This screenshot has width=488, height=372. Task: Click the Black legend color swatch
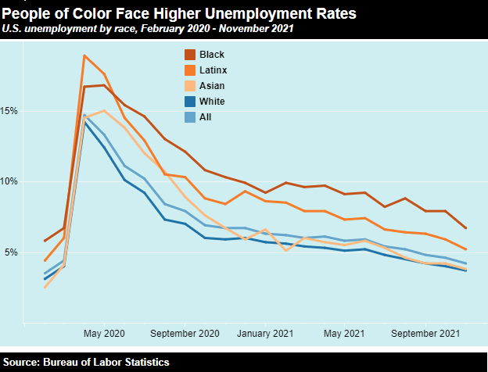click(190, 55)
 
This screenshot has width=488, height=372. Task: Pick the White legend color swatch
click(190, 102)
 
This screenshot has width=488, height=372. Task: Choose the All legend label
click(206, 117)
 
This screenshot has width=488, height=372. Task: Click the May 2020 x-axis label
click(103, 333)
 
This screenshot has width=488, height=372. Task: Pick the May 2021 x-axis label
click(345, 333)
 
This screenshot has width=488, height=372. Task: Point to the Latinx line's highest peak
click(84, 55)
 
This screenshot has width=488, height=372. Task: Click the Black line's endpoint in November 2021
click(466, 228)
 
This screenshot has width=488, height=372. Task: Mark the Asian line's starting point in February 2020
click(45, 288)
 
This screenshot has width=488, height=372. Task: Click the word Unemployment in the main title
click(260, 13)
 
